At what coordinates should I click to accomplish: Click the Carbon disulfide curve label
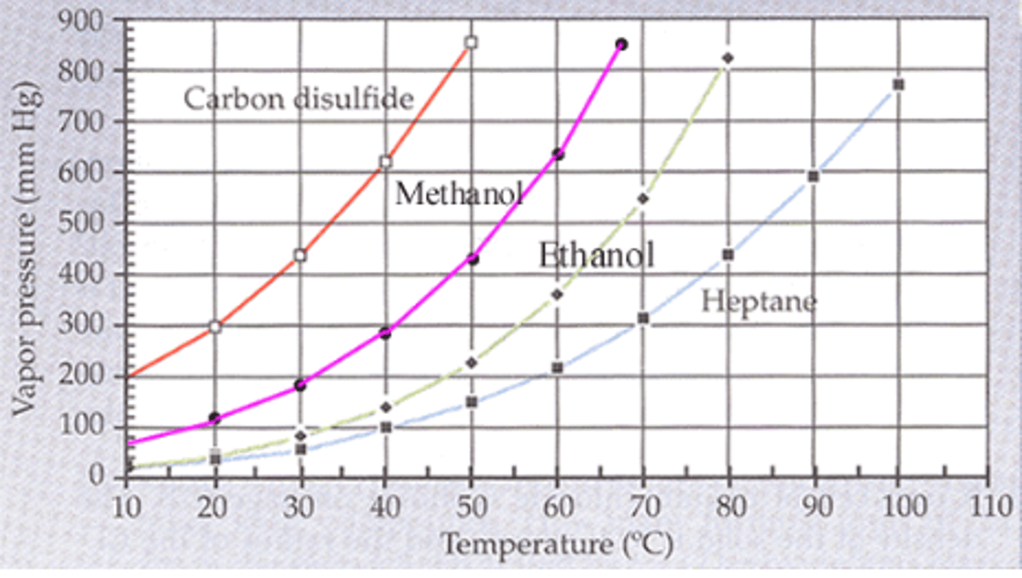coord(298,99)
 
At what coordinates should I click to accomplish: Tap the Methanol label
coord(458,193)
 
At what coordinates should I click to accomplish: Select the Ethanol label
coord(596,255)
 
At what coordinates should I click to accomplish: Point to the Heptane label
coord(759,302)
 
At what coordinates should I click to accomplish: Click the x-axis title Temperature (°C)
coord(556,545)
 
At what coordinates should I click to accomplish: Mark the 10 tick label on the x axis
coord(126,507)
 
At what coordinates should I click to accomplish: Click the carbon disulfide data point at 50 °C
coord(471,42)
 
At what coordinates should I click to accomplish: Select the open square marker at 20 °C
coord(215,327)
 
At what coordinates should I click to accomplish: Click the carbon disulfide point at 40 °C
coord(385,161)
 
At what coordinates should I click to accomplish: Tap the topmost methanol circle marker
coord(621,44)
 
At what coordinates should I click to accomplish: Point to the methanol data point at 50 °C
coord(472,259)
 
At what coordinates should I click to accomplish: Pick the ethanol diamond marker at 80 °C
coord(727,58)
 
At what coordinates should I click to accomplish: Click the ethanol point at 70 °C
coord(642,199)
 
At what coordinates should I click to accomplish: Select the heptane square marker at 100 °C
coord(898,84)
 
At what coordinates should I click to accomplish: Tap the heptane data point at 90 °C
coord(813,177)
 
